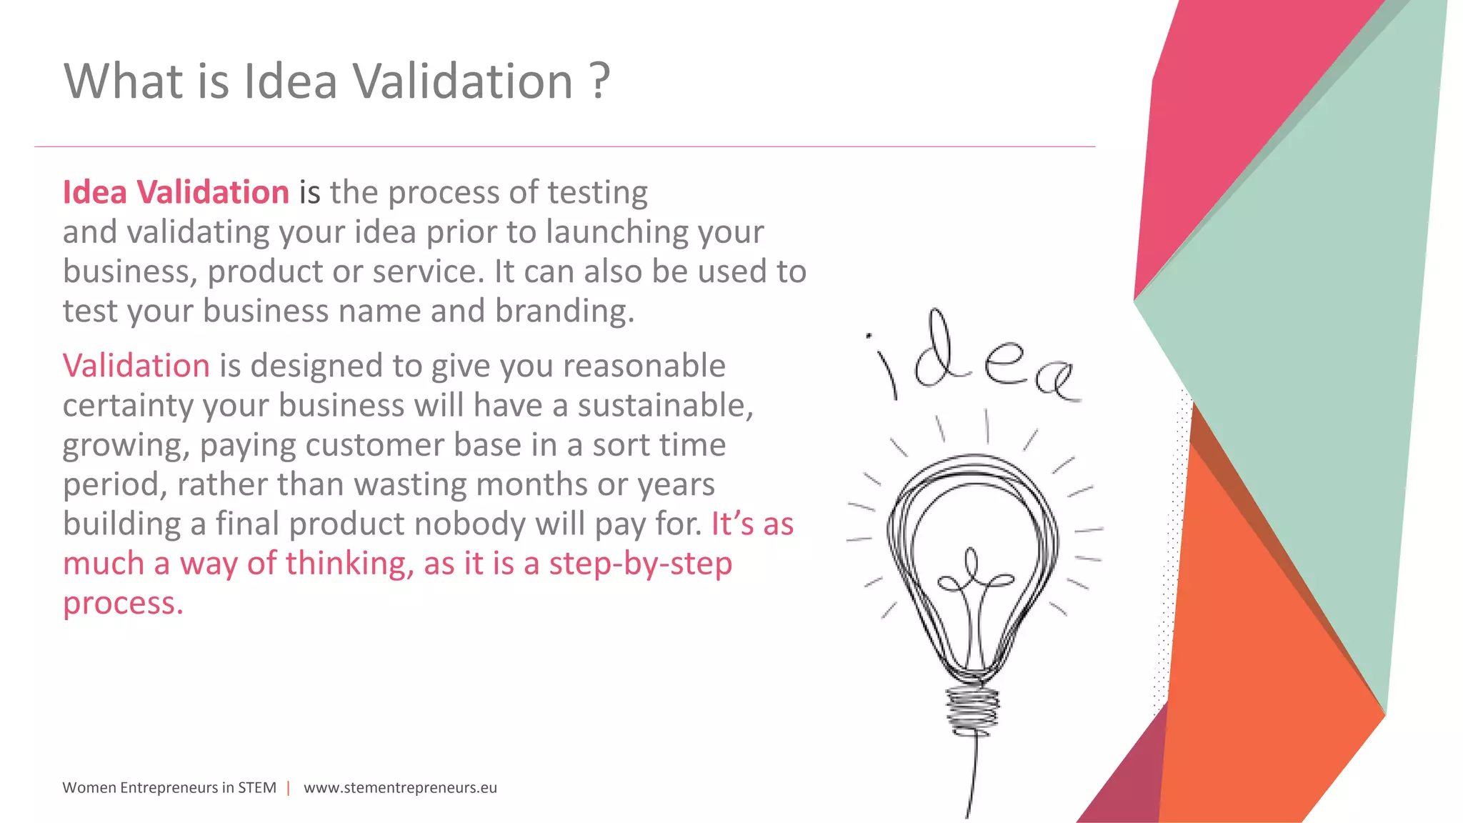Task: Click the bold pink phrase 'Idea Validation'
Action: point(176,192)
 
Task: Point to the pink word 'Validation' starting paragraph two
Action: point(136,366)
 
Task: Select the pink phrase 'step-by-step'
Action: point(640,564)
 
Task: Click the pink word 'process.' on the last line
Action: point(123,604)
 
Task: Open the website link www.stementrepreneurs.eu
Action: point(400,787)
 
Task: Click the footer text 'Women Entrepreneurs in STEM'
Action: point(169,787)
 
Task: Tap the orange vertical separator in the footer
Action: point(289,788)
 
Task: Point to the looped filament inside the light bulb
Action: point(973,579)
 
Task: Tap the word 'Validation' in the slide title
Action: point(464,81)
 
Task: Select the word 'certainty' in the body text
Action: point(128,406)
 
